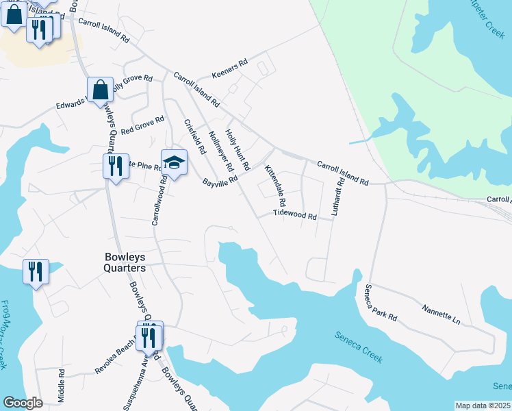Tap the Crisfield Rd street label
pos(195,137)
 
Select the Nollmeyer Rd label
pos(220,151)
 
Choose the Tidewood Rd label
pos(294,215)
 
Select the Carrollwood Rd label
pos(158,200)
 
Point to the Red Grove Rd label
pos(142,125)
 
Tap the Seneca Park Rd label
pos(381,303)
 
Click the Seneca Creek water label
pos(358,347)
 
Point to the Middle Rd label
pos(61,385)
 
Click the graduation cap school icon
pos(174,163)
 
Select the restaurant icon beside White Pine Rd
pos(115,165)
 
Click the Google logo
pos(23,403)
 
